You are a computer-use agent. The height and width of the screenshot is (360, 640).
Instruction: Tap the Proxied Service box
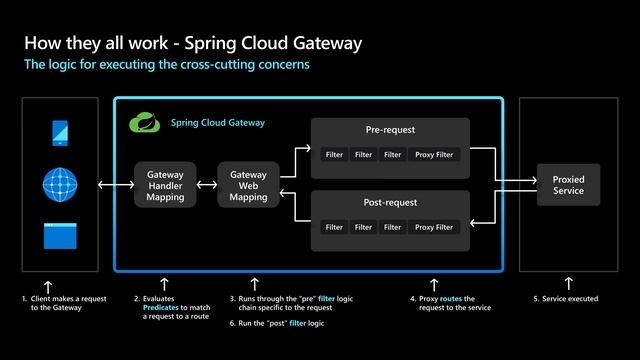point(568,186)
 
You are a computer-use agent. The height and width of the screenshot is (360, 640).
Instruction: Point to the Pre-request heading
point(390,131)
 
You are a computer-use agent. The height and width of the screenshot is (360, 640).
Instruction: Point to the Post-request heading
point(390,203)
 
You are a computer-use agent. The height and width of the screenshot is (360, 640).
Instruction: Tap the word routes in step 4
point(450,299)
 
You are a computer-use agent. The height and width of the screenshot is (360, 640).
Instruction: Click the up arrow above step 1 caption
point(48,285)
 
